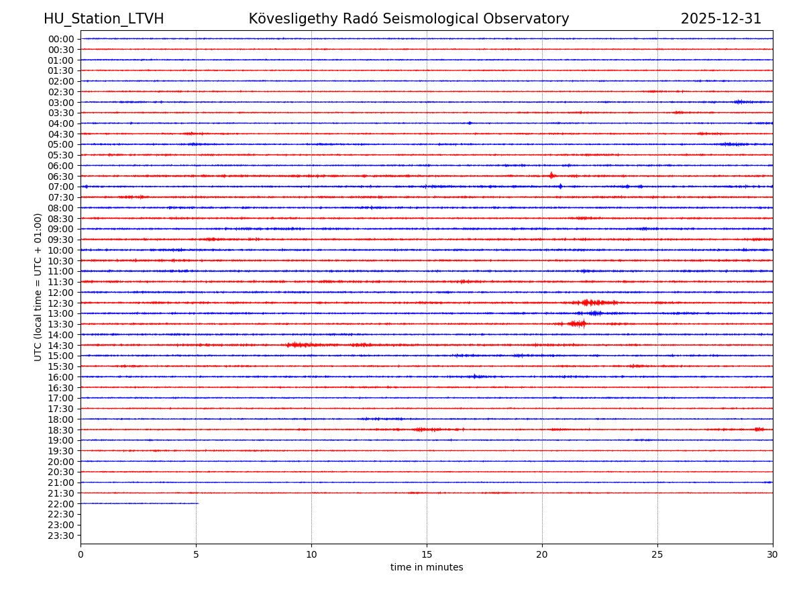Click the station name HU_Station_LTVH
pos(103,19)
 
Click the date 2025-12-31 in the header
pos(720,19)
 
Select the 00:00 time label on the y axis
pos(61,39)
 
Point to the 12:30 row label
pos(61,303)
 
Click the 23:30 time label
pos(61,536)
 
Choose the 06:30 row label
pos(61,177)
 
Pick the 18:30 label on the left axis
pos(61,430)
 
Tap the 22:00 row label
pos(61,504)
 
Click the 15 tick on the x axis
pos(427,555)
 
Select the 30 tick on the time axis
pos(773,555)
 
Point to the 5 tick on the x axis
pos(196,555)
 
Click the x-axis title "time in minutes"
pos(427,568)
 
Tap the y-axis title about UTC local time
pos(39,287)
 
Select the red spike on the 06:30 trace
pos(551,176)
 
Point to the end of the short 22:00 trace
pos(198,503)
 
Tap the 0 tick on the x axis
pos(80,555)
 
